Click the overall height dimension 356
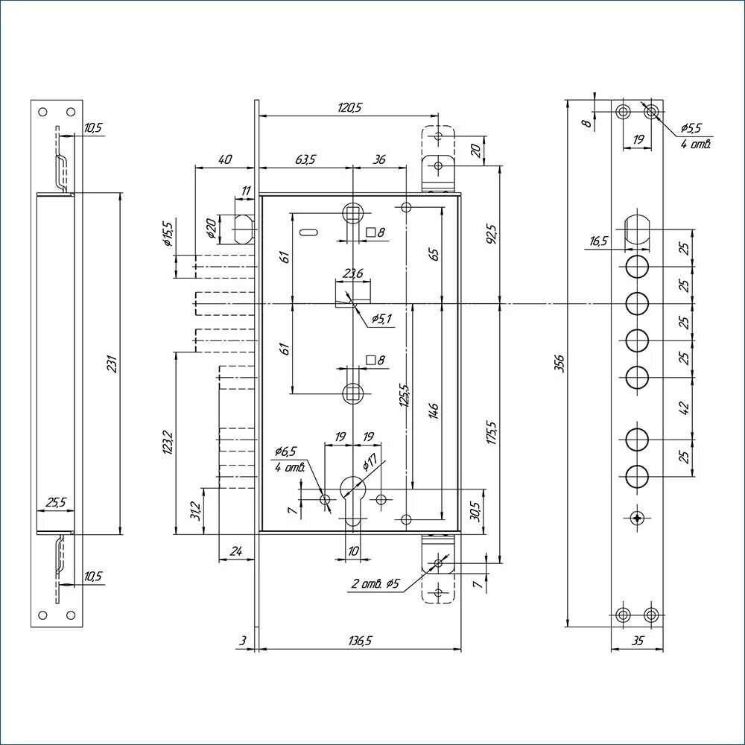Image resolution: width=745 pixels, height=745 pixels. pyautogui.click(x=559, y=362)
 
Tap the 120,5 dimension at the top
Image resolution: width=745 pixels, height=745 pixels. pyautogui.click(x=349, y=107)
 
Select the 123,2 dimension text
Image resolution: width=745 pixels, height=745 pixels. pyautogui.click(x=168, y=443)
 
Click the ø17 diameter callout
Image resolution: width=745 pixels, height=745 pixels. pyautogui.click(x=370, y=464)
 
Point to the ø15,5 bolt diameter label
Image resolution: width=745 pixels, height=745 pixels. pyautogui.click(x=168, y=234)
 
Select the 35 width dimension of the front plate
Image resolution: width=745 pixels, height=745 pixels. pyautogui.click(x=637, y=640)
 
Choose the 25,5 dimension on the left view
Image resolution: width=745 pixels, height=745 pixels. pyautogui.click(x=56, y=503)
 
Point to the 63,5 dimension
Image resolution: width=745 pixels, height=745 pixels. pyautogui.click(x=305, y=159)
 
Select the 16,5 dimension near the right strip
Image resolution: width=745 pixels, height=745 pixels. pyautogui.click(x=598, y=241)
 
